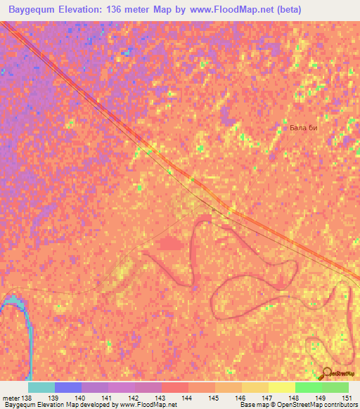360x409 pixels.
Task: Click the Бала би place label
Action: click(309, 128)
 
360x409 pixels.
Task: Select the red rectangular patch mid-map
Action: click(169, 244)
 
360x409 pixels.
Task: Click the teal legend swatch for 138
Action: click(41, 387)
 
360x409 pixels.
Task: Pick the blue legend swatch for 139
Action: click(68, 387)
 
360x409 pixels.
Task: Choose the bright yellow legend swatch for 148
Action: click(281, 387)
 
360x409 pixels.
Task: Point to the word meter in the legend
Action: click(11, 397)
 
